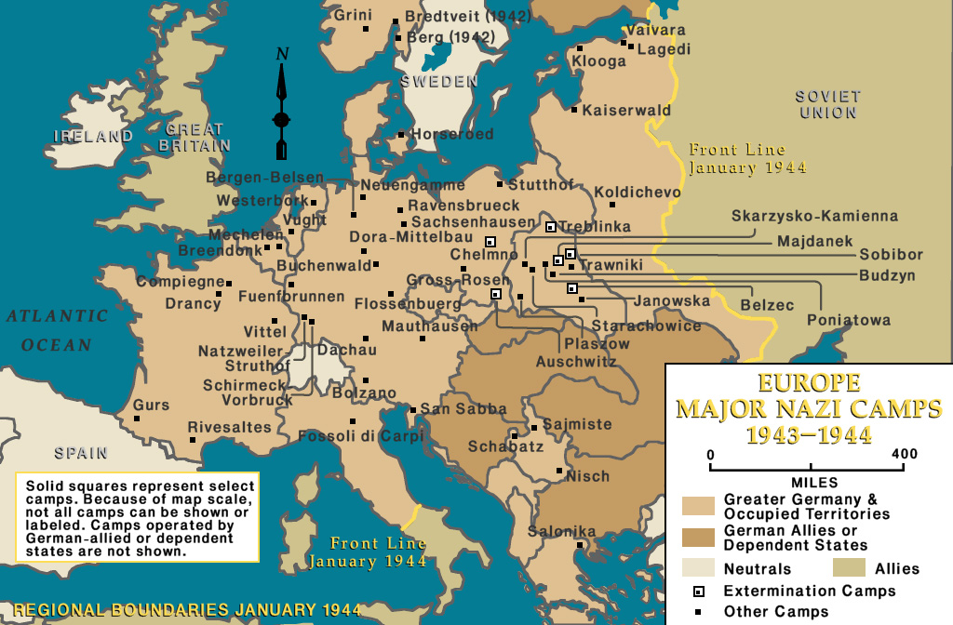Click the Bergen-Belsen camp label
[x=264, y=178]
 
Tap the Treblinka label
[x=595, y=226]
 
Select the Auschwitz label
[x=576, y=362]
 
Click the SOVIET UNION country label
[x=827, y=104]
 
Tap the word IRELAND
[x=93, y=137]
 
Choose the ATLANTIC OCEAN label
[x=57, y=330]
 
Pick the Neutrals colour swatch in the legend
[x=698, y=568]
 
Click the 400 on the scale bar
[x=904, y=454]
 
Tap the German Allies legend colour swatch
[x=698, y=538]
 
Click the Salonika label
[x=561, y=532]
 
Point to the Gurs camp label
[x=151, y=406]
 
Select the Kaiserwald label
[x=626, y=111]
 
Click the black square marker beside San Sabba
[x=413, y=409]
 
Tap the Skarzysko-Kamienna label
[x=814, y=216]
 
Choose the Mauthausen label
[x=429, y=326]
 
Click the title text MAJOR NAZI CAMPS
[x=808, y=408]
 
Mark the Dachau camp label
[x=347, y=351]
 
